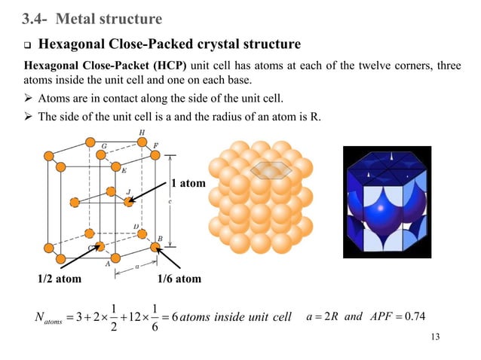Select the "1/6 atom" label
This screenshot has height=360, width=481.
179,279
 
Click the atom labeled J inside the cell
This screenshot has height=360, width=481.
129,201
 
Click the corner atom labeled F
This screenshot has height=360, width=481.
155,154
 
